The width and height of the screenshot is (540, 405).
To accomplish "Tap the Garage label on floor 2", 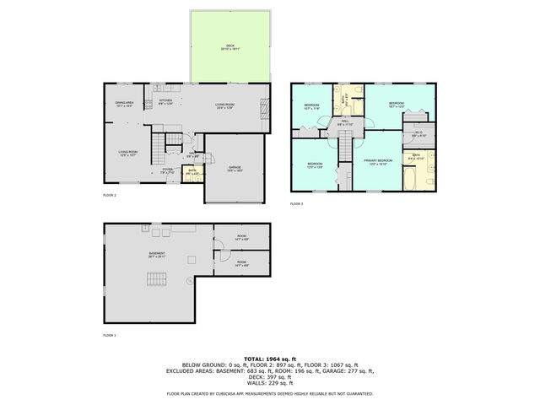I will point(235,168).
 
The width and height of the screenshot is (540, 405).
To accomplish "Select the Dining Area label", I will point(125,105).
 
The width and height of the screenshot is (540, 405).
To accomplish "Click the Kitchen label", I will point(165,103).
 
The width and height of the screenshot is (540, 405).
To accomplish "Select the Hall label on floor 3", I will point(345,124).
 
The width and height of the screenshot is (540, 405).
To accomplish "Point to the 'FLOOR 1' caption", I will point(109,335).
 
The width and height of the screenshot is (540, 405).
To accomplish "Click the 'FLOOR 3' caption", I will point(296,204).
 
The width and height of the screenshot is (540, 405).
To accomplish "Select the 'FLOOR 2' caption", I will point(109,195).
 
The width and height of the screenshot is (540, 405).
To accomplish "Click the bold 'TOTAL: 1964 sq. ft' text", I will point(270,358).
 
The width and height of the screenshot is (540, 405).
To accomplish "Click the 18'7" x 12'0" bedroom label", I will point(397,105).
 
